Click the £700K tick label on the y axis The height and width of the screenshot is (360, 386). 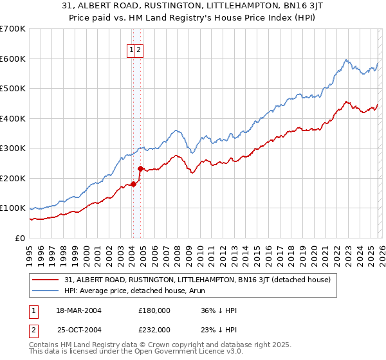pos(12,29)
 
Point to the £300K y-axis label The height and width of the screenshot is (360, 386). pos(12,148)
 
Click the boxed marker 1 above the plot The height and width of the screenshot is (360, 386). pos(131,50)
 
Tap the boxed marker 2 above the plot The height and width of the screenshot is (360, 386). pos(139,50)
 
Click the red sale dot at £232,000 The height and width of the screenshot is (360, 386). pos(141,168)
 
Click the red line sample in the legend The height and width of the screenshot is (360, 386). pos(46,280)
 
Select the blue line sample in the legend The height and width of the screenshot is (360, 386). pos(46,290)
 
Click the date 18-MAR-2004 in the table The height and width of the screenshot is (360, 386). pos(78,310)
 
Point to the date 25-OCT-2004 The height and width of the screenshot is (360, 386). pos(78,329)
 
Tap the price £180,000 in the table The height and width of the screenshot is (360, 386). pos(154,310)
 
